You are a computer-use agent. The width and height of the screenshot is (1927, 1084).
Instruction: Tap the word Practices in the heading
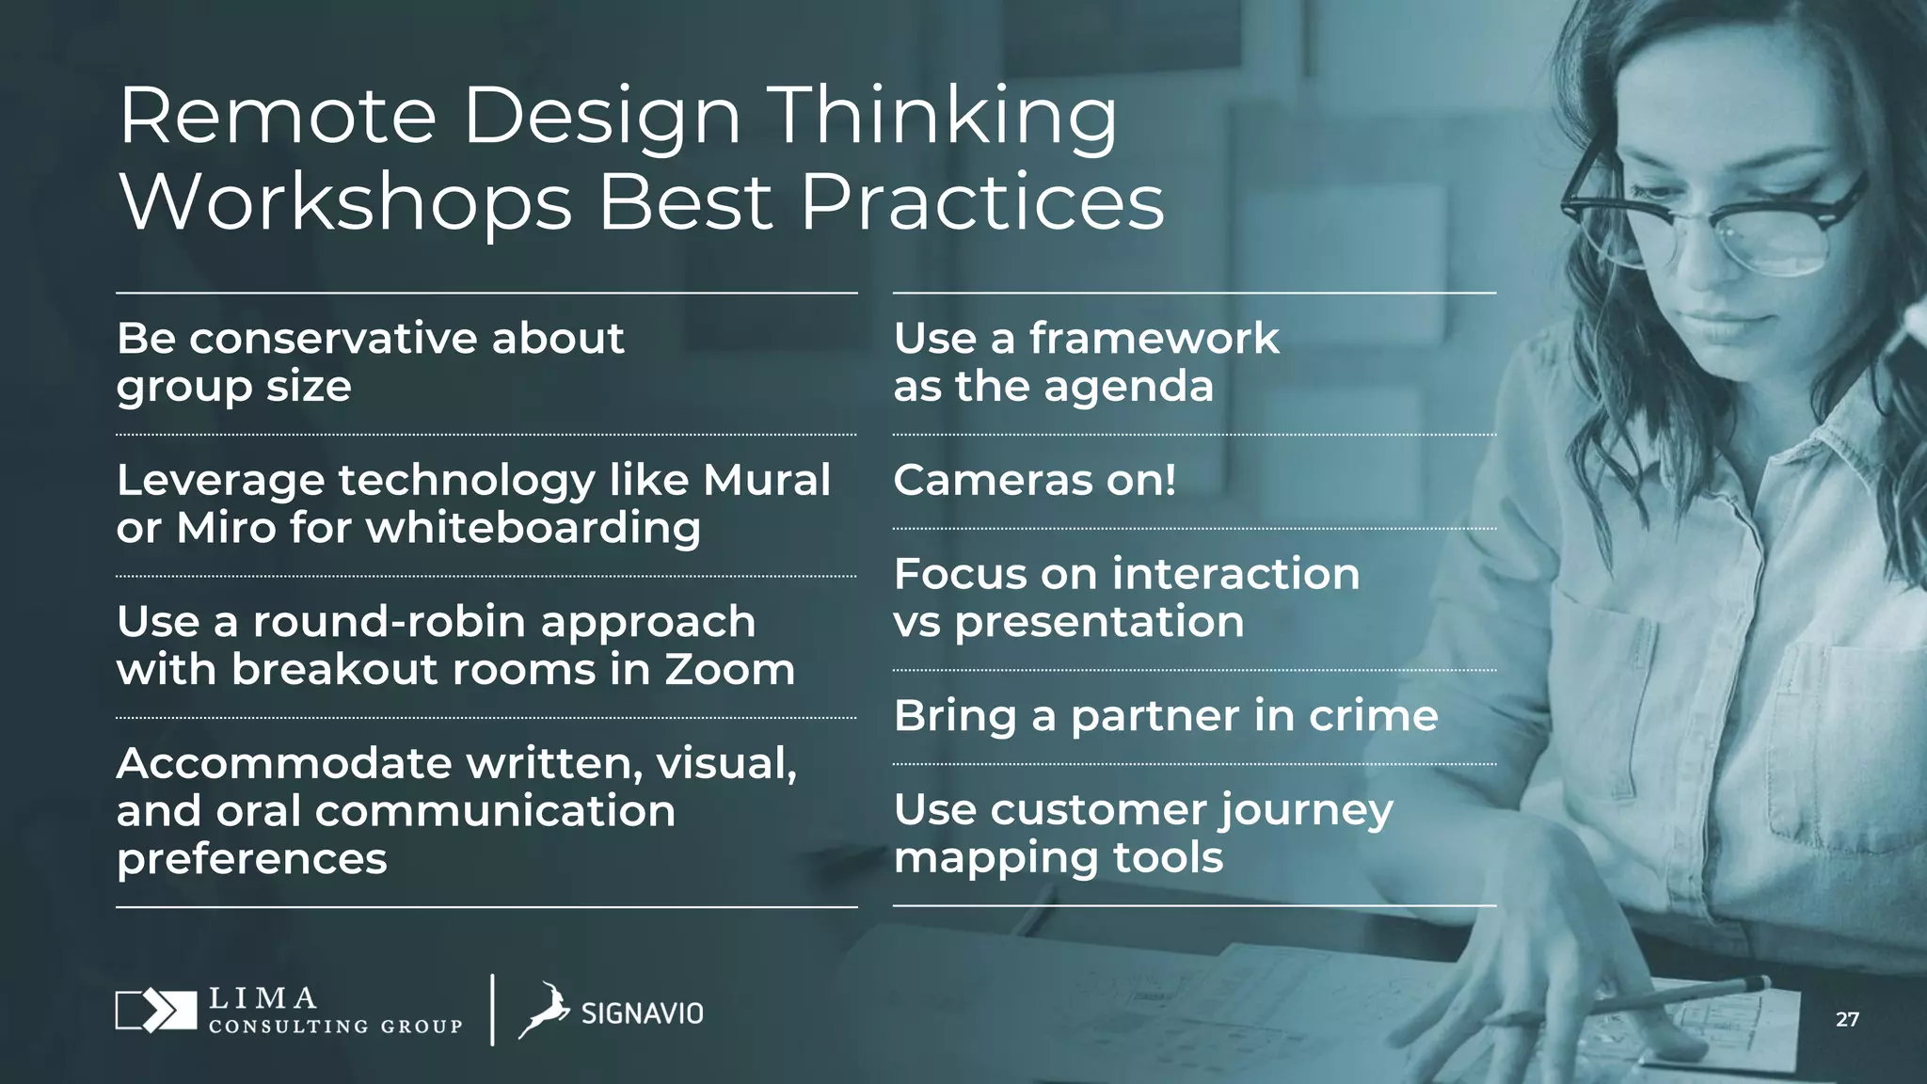[982, 203]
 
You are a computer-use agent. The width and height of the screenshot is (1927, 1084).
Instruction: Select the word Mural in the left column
[766, 480]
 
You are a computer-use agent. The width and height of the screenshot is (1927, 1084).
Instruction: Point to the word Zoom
[729, 670]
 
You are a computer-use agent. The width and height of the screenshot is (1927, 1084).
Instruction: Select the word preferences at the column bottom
[251, 859]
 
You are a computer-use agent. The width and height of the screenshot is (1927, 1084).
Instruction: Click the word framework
[1154, 338]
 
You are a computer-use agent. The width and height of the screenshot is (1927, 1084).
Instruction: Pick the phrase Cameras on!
[1034, 480]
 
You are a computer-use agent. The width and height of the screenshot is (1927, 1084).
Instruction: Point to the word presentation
[1099, 623]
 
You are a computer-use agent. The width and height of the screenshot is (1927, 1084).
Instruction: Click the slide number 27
[1846, 1020]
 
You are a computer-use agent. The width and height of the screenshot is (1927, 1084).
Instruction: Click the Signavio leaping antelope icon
[545, 1011]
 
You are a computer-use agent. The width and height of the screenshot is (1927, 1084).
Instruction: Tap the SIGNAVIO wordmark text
[642, 1013]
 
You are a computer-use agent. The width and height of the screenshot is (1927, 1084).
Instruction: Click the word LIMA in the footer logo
[263, 998]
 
